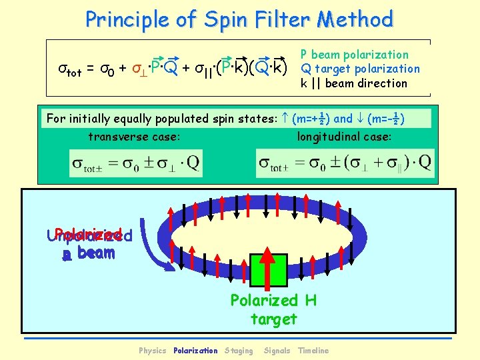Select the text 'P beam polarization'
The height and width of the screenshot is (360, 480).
click(354, 55)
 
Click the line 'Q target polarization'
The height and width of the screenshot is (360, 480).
click(360, 69)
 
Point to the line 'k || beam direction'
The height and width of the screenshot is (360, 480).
click(353, 83)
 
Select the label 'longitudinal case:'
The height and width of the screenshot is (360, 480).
click(345, 137)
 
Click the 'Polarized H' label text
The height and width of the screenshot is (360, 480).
click(273, 301)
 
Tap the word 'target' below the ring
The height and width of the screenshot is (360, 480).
click(273, 319)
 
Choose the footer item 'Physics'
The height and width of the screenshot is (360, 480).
click(152, 351)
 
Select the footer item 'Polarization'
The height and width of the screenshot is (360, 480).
click(195, 351)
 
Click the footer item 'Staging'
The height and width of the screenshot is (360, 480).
click(239, 351)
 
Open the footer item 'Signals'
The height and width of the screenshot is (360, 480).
click(277, 351)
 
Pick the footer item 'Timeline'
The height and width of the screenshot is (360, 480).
click(313, 351)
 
